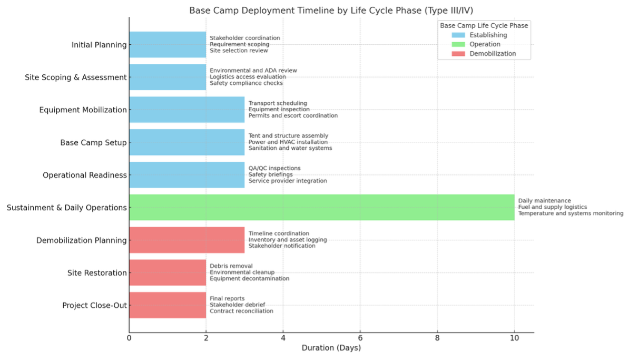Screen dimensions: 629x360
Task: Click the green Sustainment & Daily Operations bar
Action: point(322,207)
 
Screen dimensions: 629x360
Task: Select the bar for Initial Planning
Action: point(168,45)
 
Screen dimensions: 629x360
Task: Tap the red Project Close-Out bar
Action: point(168,305)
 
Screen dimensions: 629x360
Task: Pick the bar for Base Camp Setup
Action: point(187,142)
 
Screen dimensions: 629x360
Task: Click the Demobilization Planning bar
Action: point(187,240)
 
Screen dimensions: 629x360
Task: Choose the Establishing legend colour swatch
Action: point(458,35)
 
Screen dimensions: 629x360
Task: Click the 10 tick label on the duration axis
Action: point(514,338)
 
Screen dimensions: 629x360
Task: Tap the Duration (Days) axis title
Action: point(331,347)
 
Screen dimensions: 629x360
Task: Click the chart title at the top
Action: point(331,10)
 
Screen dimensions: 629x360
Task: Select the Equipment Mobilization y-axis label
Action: point(83,110)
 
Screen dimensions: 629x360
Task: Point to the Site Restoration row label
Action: point(97,273)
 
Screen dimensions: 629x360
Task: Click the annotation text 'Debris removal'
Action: point(231,266)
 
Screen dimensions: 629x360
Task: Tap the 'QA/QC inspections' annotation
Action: point(274,168)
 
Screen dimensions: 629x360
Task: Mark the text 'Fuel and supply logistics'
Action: point(553,207)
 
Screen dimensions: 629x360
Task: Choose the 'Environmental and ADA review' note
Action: point(253,70)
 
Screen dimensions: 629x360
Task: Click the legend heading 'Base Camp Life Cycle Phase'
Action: point(484,25)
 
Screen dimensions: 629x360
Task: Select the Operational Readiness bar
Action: point(187,174)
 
